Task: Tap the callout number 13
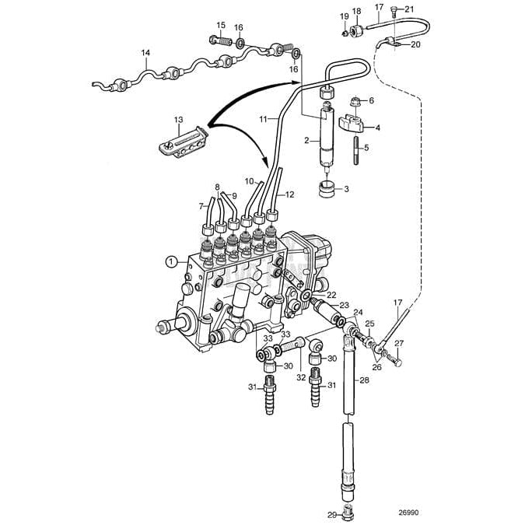[x=178, y=120]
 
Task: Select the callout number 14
[x=145, y=54]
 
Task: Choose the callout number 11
[x=264, y=118]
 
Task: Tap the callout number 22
[x=331, y=296]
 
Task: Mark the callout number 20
[x=415, y=44]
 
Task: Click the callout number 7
[x=201, y=207]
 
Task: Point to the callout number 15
[x=221, y=25]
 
